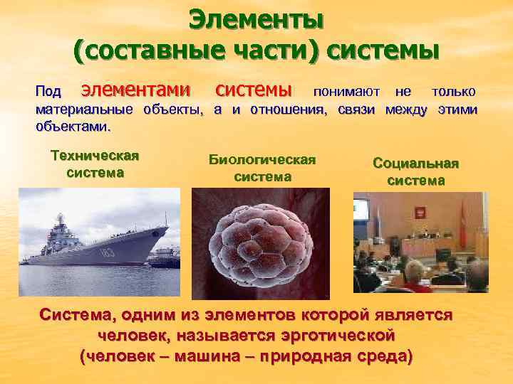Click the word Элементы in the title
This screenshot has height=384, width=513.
click(x=256, y=19)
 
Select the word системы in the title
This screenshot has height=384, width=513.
click(x=382, y=50)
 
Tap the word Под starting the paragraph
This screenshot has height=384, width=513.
click(x=48, y=92)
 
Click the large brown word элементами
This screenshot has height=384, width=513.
click(x=135, y=90)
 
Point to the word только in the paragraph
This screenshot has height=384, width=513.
click(x=453, y=92)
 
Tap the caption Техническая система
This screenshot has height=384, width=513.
click(x=95, y=164)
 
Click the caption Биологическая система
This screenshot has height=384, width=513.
click(x=261, y=169)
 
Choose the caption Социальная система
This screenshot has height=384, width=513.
click(x=415, y=172)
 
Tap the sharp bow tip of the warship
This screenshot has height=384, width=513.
click(x=168, y=228)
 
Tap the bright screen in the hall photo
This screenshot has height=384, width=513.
click(x=361, y=211)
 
